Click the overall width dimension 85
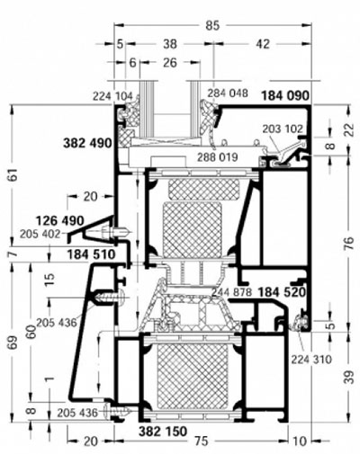(212, 26)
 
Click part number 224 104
(112, 94)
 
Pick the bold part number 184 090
(284, 94)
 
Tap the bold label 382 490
(88, 143)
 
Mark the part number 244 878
(231, 292)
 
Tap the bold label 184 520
(283, 292)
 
